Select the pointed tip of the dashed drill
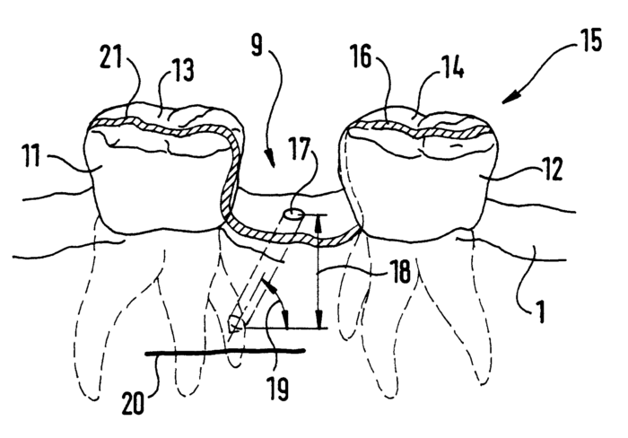232,331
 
